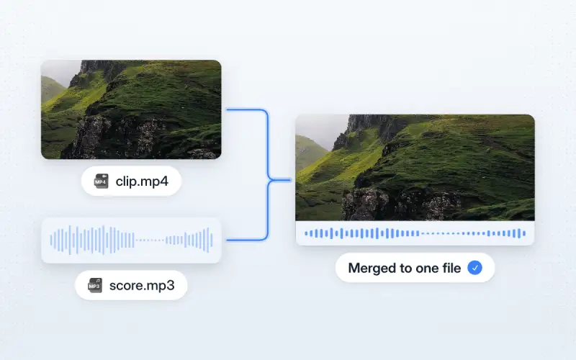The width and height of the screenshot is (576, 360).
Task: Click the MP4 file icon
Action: click(x=101, y=181)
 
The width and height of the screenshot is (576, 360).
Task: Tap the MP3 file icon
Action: click(x=95, y=285)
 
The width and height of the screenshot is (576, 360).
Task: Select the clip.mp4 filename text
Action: click(x=142, y=181)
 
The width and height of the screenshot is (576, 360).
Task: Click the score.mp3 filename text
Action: click(x=142, y=285)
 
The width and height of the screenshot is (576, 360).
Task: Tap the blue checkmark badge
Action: click(x=474, y=268)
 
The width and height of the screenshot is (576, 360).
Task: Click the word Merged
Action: click(x=372, y=268)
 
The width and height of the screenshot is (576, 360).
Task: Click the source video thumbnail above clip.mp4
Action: click(x=131, y=109)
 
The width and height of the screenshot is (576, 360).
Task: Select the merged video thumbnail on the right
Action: click(x=415, y=168)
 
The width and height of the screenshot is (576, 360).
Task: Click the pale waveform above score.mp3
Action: click(x=131, y=240)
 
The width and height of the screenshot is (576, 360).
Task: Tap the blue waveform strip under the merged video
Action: click(x=415, y=233)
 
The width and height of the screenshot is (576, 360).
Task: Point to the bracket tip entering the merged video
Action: click(x=290, y=180)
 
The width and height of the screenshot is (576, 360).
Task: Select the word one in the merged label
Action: click(x=427, y=269)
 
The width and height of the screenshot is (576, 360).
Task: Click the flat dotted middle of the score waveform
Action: click(x=150, y=240)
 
